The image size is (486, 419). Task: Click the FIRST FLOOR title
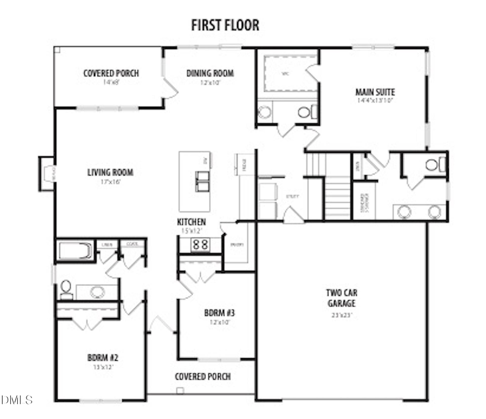pos(225,25)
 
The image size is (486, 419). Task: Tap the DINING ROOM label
pos(210,73)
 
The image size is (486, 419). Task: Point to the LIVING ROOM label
pos(110,173)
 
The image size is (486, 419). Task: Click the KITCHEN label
pos(191,222)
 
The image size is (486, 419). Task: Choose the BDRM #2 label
pos(103,357)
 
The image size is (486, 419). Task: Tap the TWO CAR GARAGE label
pos(341,298)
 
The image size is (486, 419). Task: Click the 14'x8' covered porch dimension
pos(111,83)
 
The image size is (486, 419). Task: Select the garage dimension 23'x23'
pos(341,315)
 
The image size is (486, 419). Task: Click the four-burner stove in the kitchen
pos(201,244)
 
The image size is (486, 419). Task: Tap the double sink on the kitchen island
pos(202,181)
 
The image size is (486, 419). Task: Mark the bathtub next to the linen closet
pos(75,251)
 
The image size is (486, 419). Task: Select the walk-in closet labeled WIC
pos(286,74)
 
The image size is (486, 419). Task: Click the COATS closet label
pos(132,244)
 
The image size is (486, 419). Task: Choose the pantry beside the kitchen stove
pos(237,245)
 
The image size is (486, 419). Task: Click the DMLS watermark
pos(17,400)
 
